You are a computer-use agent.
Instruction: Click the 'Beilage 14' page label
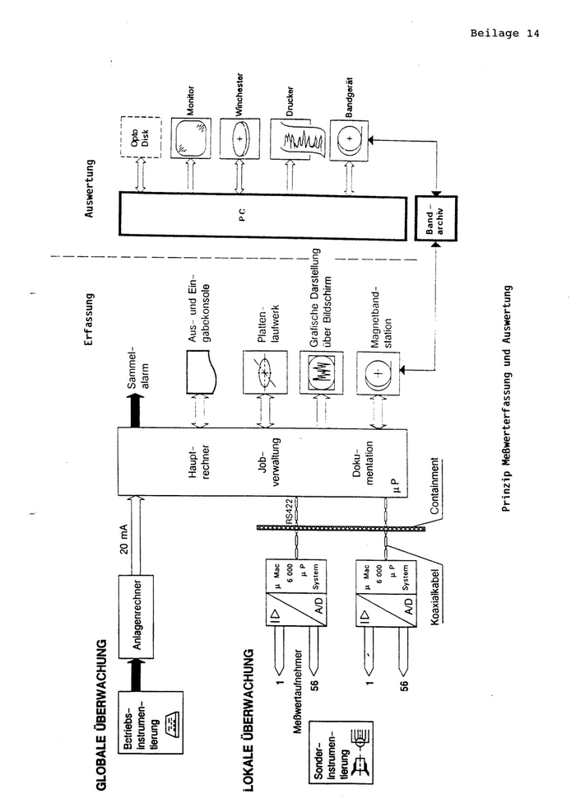505,33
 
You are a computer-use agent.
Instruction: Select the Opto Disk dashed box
137,139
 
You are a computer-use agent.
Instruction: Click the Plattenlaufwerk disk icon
263,373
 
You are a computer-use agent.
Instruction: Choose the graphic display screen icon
320,373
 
